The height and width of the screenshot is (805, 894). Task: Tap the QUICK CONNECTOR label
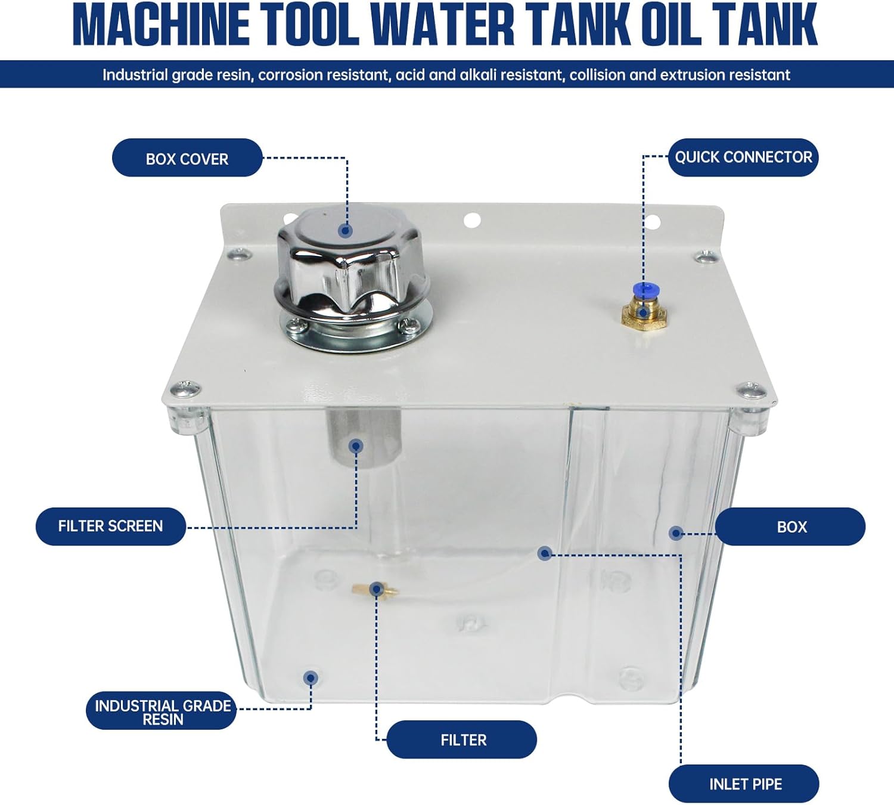tap(743, 157)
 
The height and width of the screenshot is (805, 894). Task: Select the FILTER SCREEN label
tap(110, 527)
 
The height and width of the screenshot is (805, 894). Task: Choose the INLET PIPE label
tap(745, 784)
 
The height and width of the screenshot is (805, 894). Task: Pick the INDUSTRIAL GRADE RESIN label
tap(163, 712)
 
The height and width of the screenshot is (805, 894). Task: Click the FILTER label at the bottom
tap(464, 740)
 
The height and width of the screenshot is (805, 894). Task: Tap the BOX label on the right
tap(791, 527)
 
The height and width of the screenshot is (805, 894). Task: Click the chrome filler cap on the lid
tap(352, 277)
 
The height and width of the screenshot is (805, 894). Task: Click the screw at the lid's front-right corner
tap(752, 390)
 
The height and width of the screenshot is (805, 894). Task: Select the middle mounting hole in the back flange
tap(472, 220)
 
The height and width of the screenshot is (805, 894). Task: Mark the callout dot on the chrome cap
tap(346, 231)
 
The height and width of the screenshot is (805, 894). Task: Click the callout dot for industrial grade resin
tap(311, 679)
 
